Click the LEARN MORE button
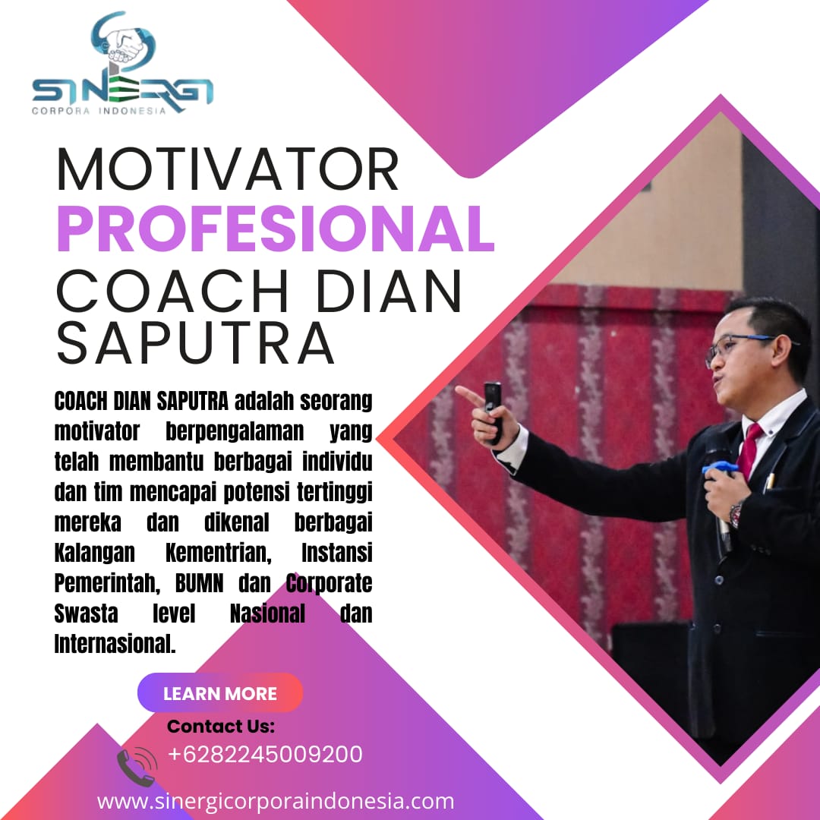point(220,693)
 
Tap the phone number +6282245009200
point(265,754)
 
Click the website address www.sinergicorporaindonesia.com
point(276,802)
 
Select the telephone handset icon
point(137,767)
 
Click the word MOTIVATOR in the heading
point(228,169)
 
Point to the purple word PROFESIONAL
point(276,229)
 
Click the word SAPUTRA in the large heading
point(195,342)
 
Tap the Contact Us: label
point(221,726)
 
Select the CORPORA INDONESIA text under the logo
point(99,111)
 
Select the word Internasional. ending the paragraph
point(115,643)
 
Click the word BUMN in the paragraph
point(199,582)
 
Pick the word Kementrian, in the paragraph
point(219,553)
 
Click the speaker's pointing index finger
point(469,396)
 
